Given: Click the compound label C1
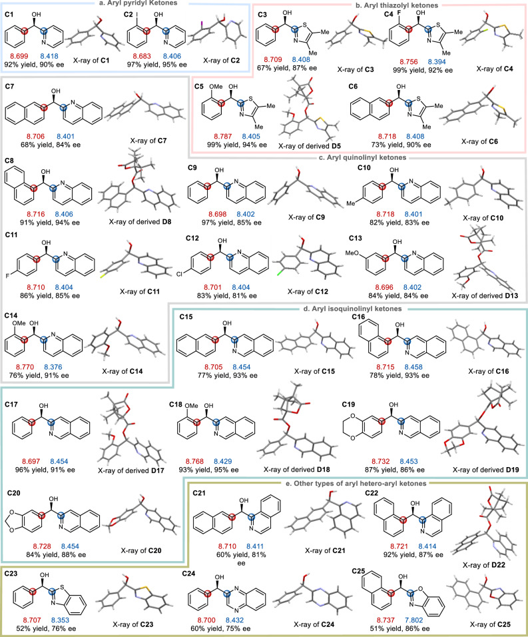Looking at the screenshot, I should point(10,13).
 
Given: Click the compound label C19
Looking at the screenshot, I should point(353,386).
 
